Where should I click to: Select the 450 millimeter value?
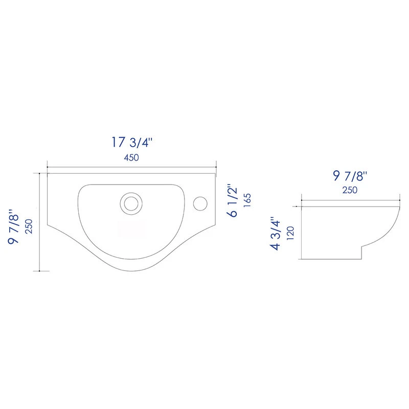click(x=131, y=158)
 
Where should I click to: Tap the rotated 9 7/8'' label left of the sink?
click(x=14, y=223)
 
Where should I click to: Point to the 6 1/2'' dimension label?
click(x=233, y=201)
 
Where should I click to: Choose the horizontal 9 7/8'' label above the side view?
click(x=350, y=177)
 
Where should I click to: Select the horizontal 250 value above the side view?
click(x=350, y=190)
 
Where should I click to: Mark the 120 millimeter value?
click(x=290, y=233)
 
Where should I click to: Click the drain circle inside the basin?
click(x=131, y=202)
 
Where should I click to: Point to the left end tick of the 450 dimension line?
click(x=47, y=167)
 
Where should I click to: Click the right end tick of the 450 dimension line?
click(x=216, y=167)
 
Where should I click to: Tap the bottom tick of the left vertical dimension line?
click(x=40, y=270)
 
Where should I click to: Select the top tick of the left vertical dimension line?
click(x=40, y=173)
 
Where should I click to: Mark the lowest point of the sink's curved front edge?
click(x=131, y=269)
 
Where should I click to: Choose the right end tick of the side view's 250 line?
click(x=398, y=200)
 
